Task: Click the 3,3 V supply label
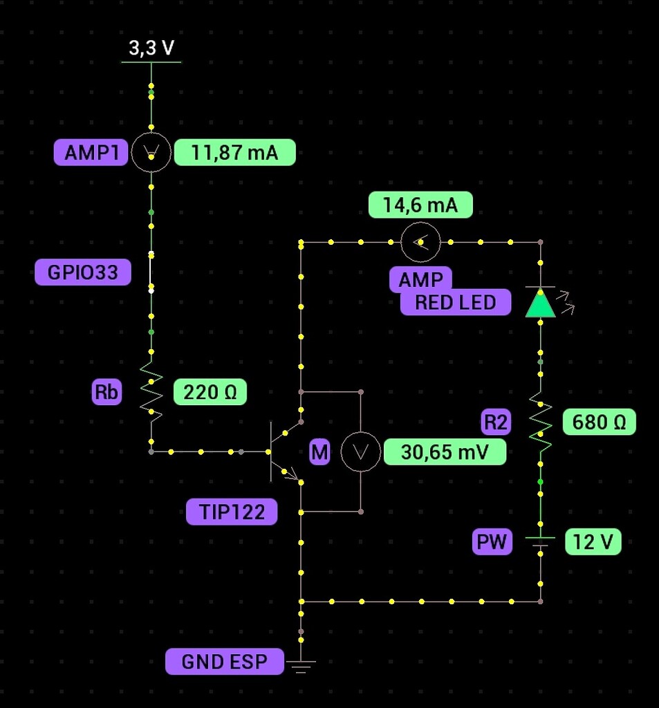click(151, 48)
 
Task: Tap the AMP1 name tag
click(91, 153)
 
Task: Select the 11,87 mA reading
click(234, 153)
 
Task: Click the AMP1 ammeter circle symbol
click(151, 153)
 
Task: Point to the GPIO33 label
click(83, 272)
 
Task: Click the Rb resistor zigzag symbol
click(151, 393)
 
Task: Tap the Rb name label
click(106, 393)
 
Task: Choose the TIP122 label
click(232, 512)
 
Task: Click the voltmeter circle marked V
click(361, 452)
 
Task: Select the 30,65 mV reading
click(445, 452)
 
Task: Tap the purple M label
click(319, 453)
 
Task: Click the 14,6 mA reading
click(420, 205)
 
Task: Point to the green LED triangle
click(540, 303)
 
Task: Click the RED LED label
click(456, 302)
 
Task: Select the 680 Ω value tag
click(599, 422)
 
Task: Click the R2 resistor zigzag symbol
click(540, 422)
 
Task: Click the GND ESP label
click(224, 662)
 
